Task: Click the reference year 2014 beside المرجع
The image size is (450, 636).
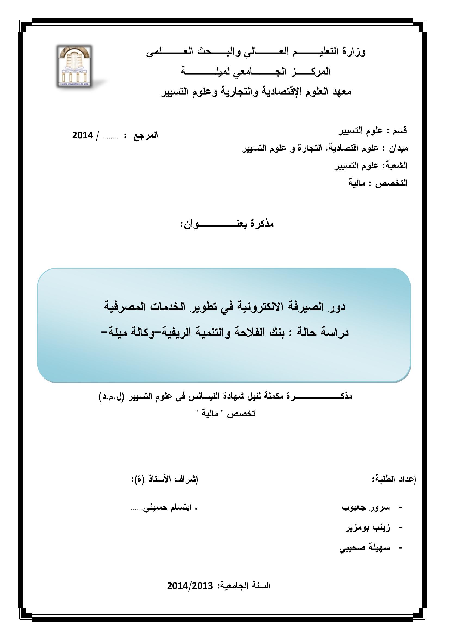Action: click(x=83, y=135)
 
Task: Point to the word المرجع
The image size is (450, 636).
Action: click(x=146, y=136)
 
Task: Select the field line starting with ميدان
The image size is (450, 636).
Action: click(x=325, y=148)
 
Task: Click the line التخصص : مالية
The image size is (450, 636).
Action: click(x=378, y=183)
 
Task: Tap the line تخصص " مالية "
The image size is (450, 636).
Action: click(x=226, y=414)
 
